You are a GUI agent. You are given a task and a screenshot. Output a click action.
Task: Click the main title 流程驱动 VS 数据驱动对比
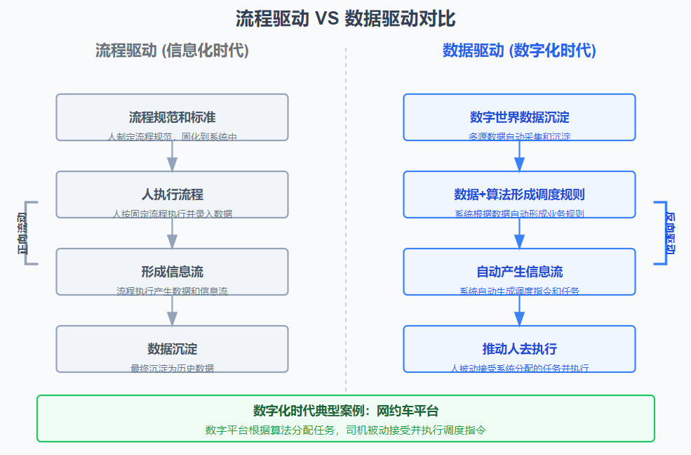tap(345, 19)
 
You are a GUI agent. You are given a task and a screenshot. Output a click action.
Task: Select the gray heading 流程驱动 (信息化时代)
tap(172, 51)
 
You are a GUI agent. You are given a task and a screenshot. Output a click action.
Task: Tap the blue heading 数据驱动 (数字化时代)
tap(519, 51)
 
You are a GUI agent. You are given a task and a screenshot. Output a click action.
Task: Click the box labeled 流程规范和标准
tap(172, 117)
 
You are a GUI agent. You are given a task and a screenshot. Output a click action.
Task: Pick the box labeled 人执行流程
tap(172, 194)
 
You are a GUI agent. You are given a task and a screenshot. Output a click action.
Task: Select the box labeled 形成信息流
tap(172, 272)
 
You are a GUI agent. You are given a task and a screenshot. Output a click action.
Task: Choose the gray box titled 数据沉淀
tap(172, 349)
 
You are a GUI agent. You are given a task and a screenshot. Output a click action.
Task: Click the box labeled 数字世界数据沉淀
tap(519, 117)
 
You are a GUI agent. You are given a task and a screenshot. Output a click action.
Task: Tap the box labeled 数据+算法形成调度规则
tap(519, 194)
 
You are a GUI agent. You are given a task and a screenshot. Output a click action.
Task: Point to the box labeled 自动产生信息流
tap(519, 272)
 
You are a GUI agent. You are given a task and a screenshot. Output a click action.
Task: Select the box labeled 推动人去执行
tap(519, 349)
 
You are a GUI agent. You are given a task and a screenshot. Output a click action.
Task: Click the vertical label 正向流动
tap(23, 233)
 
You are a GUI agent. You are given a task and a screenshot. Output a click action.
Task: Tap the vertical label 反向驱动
tap(670, 233)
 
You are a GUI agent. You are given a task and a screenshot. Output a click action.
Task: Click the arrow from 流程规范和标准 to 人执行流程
tap(172, 156)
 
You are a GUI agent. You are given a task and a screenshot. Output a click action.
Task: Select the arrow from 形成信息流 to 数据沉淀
tap(172, 310)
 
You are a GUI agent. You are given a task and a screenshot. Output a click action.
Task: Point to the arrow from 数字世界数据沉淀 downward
tap(519, 156)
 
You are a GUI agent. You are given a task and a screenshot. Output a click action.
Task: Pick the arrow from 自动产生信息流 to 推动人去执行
tap(519, 310)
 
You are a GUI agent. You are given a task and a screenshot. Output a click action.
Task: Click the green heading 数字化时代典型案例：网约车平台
tap(345, 411)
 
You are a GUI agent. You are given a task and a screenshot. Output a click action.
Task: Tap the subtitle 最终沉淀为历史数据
tap(172, 368)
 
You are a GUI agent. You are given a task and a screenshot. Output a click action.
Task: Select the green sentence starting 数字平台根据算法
tap(345, 430)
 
